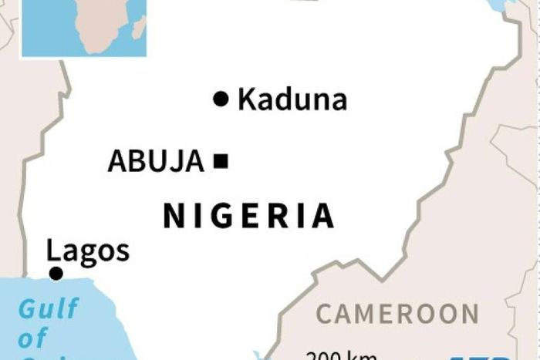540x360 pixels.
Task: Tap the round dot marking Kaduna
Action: pos(221,99)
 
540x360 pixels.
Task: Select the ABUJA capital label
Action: pos(156,161)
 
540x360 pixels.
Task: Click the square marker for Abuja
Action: pos(222,161)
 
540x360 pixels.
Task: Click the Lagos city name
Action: pos(88,251)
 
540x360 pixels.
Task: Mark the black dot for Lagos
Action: pos(56,274)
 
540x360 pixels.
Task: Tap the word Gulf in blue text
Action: pos(48,309)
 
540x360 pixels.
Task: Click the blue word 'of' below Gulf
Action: pos(32,338)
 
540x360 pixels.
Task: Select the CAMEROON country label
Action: pos(397,314)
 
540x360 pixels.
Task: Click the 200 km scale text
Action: pos(342,355)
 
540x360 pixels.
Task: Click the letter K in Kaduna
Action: pos(248,99)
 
